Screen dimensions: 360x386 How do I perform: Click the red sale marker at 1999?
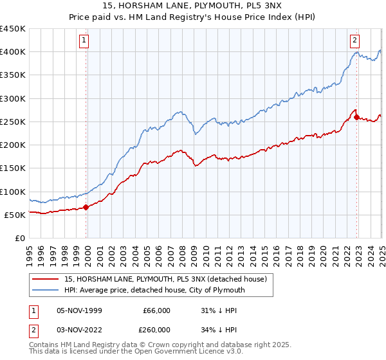[x=86, y=207]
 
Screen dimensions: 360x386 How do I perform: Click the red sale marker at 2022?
[x=356, y=117]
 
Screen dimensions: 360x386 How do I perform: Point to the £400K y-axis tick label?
[x=13, y=52]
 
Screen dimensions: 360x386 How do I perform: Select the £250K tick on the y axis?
[x=13, y=122]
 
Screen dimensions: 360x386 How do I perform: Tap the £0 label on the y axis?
[x=19, y=239]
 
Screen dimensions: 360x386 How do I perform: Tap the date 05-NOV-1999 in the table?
[x=80, y=310]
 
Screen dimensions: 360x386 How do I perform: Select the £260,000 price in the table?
[x=157, y=329]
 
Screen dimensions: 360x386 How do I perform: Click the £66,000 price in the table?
[x=157, y=310]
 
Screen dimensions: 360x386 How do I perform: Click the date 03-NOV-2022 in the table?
[x=80, y=329]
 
